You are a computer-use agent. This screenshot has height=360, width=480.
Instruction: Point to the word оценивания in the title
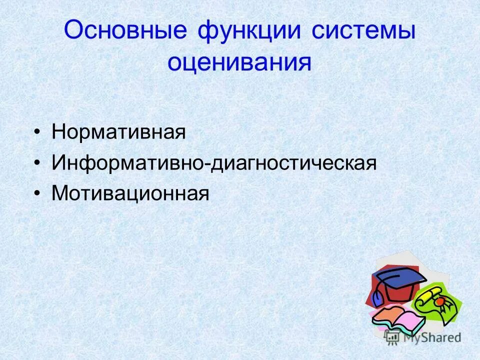coord(239,62)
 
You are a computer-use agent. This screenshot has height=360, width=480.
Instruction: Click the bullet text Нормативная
coord(119,133)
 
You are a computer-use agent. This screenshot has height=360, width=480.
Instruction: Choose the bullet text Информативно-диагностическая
coord(213,163)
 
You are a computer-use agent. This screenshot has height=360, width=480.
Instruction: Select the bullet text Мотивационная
coord(130,193)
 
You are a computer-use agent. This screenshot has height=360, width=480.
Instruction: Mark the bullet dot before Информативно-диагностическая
coord(38,163)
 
